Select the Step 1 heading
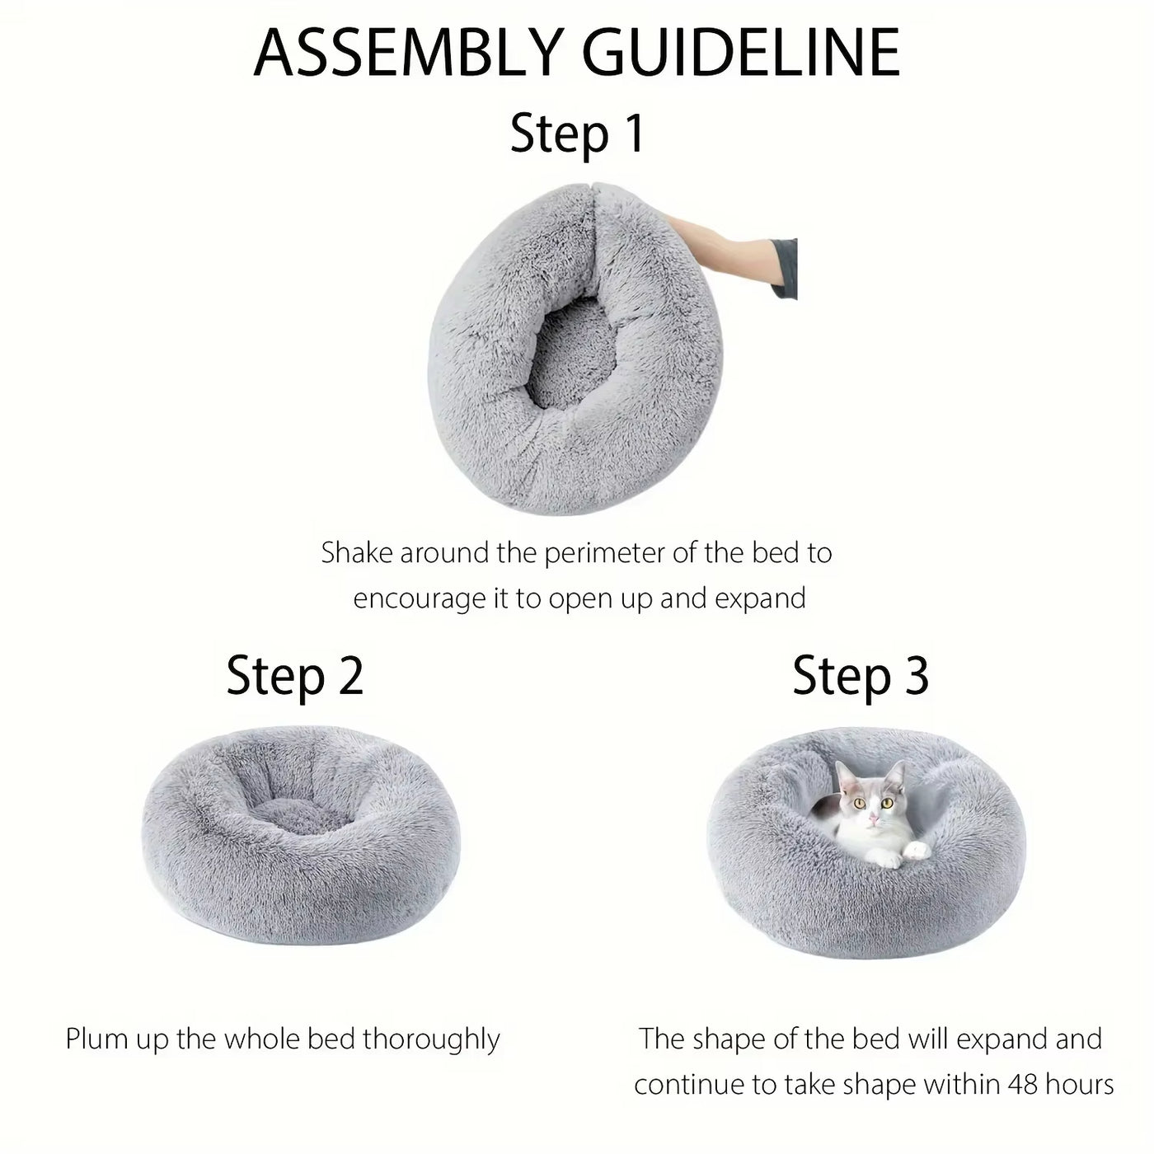577,134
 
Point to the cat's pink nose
873,819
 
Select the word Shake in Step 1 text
357,553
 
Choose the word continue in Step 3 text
688,1085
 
